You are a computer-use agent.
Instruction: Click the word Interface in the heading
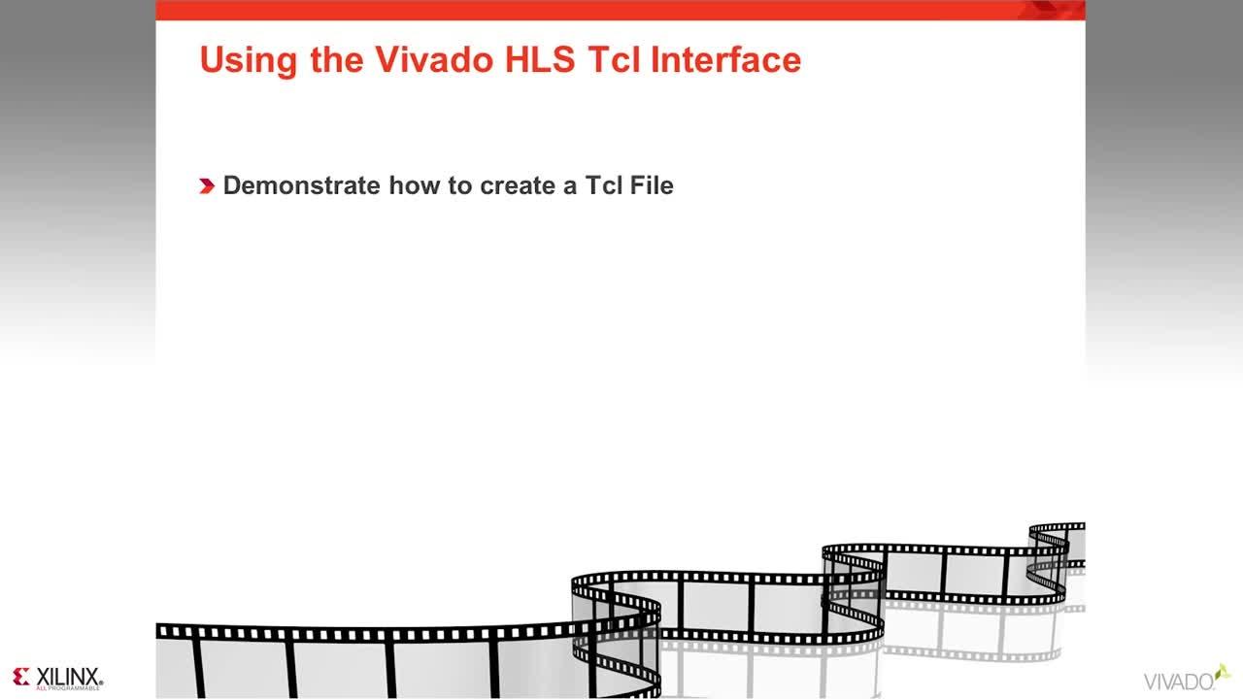pos(725,60)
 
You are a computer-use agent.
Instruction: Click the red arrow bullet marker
pos(207,186)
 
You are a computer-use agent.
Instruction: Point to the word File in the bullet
pos(651,185)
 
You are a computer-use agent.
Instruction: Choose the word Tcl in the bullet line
pos(603,185)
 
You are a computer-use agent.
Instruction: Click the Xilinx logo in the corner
pos(58,678)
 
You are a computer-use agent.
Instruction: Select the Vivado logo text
pos(1178,681)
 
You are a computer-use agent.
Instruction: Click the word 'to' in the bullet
pos(460,185)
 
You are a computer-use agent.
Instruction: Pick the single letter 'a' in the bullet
pos(571,185)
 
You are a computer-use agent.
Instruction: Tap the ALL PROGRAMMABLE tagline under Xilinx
pos(67,687)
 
